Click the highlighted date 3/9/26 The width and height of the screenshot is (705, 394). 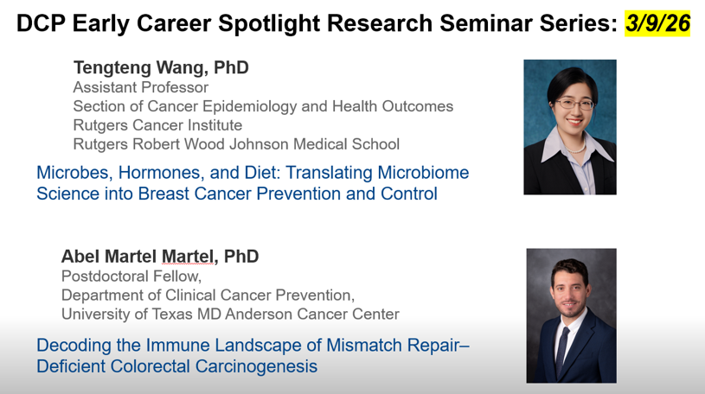point(657,23)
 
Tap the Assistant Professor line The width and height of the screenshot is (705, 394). point(140,87)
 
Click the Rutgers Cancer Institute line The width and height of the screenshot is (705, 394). point(157,125)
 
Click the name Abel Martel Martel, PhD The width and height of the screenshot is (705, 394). point(160,257)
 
